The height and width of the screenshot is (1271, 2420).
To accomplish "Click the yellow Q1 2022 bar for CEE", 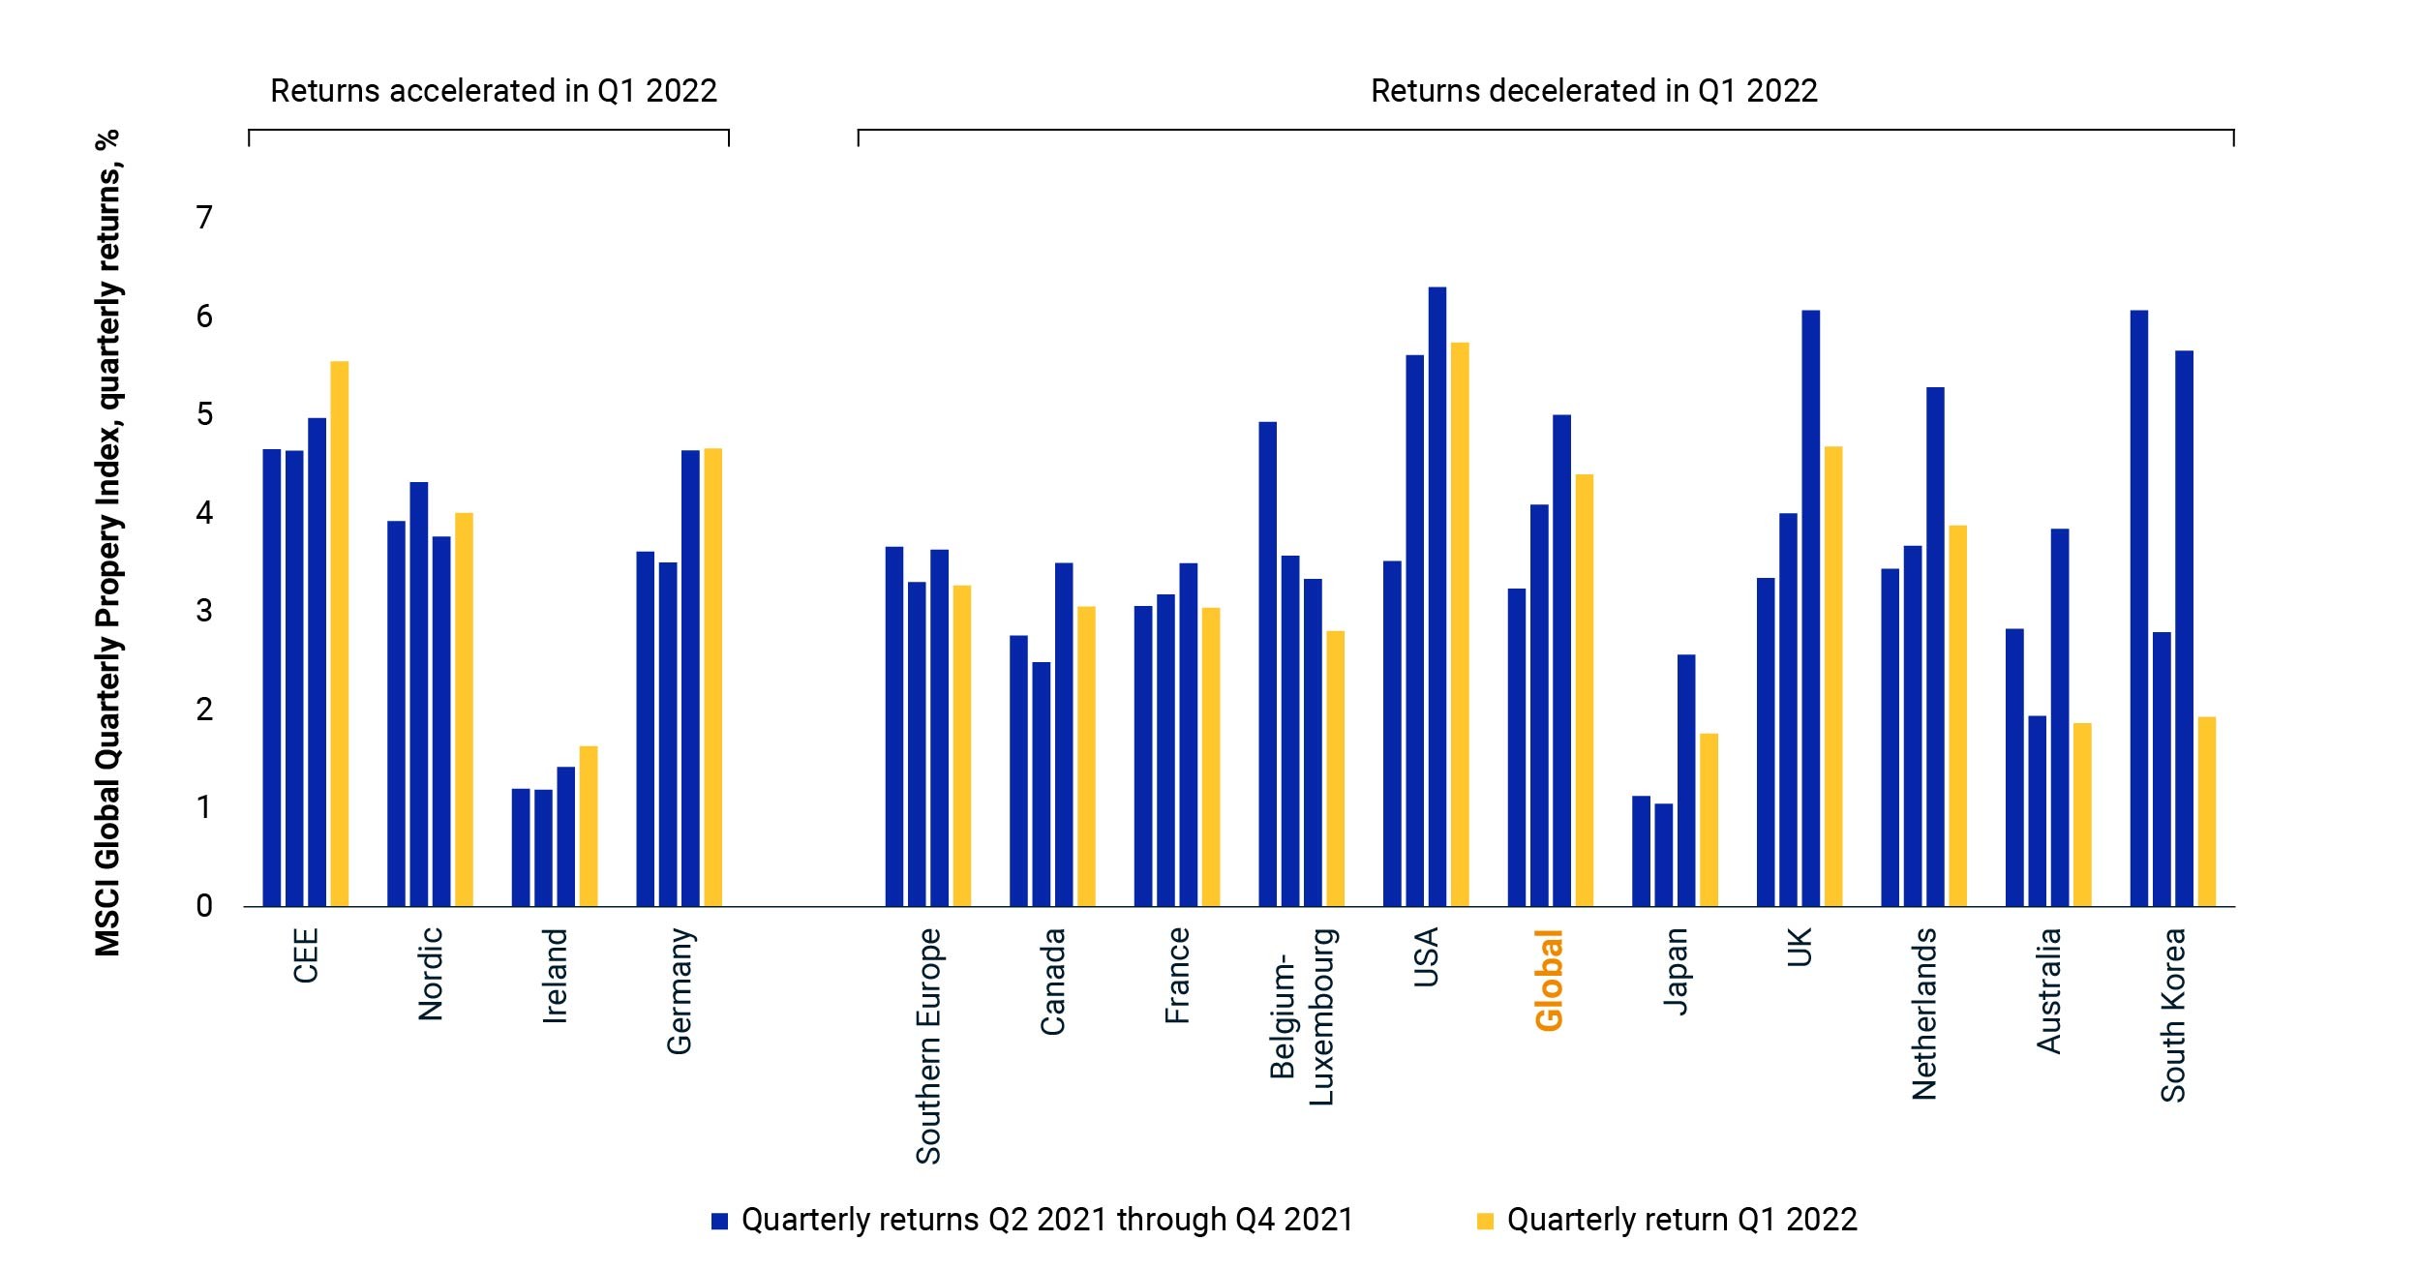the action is coord(339,634).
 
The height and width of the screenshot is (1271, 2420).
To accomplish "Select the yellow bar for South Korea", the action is coord(2206,811).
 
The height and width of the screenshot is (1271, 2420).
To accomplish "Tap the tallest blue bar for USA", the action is coord(1437,597).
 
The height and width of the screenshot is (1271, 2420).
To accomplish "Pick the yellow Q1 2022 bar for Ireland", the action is coord(588,826).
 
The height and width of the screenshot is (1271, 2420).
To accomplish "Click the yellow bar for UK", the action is coord(1832,677).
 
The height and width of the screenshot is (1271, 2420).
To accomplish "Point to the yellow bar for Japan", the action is coord(1709,820).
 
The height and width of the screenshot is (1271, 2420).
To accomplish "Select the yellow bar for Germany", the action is coord(712,678).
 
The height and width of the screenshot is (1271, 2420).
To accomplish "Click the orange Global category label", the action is coord(1549,980).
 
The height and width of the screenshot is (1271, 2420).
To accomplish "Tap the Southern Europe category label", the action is coord(927,1045).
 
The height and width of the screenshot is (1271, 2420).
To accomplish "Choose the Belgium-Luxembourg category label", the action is coord(1302,1016).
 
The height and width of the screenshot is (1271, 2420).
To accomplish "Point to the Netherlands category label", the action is coord(1923,1014).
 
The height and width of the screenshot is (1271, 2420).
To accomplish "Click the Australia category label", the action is coord(2048,990).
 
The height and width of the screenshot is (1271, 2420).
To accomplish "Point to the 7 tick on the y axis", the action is coord(204,218).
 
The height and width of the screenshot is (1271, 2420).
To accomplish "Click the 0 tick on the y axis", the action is coord(204,906).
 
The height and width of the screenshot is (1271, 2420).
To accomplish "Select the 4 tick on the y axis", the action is coord(204,513).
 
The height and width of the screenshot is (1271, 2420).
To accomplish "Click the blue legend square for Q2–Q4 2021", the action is coord(719,1221).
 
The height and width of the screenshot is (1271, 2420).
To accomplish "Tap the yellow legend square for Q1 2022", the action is coord(1485,1221).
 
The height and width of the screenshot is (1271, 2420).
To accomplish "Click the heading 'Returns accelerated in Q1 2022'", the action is coord(494,91).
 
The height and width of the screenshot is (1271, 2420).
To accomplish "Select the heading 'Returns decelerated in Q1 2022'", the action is coord(1594,91).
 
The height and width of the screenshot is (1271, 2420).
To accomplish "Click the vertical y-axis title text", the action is coord(108,543).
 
